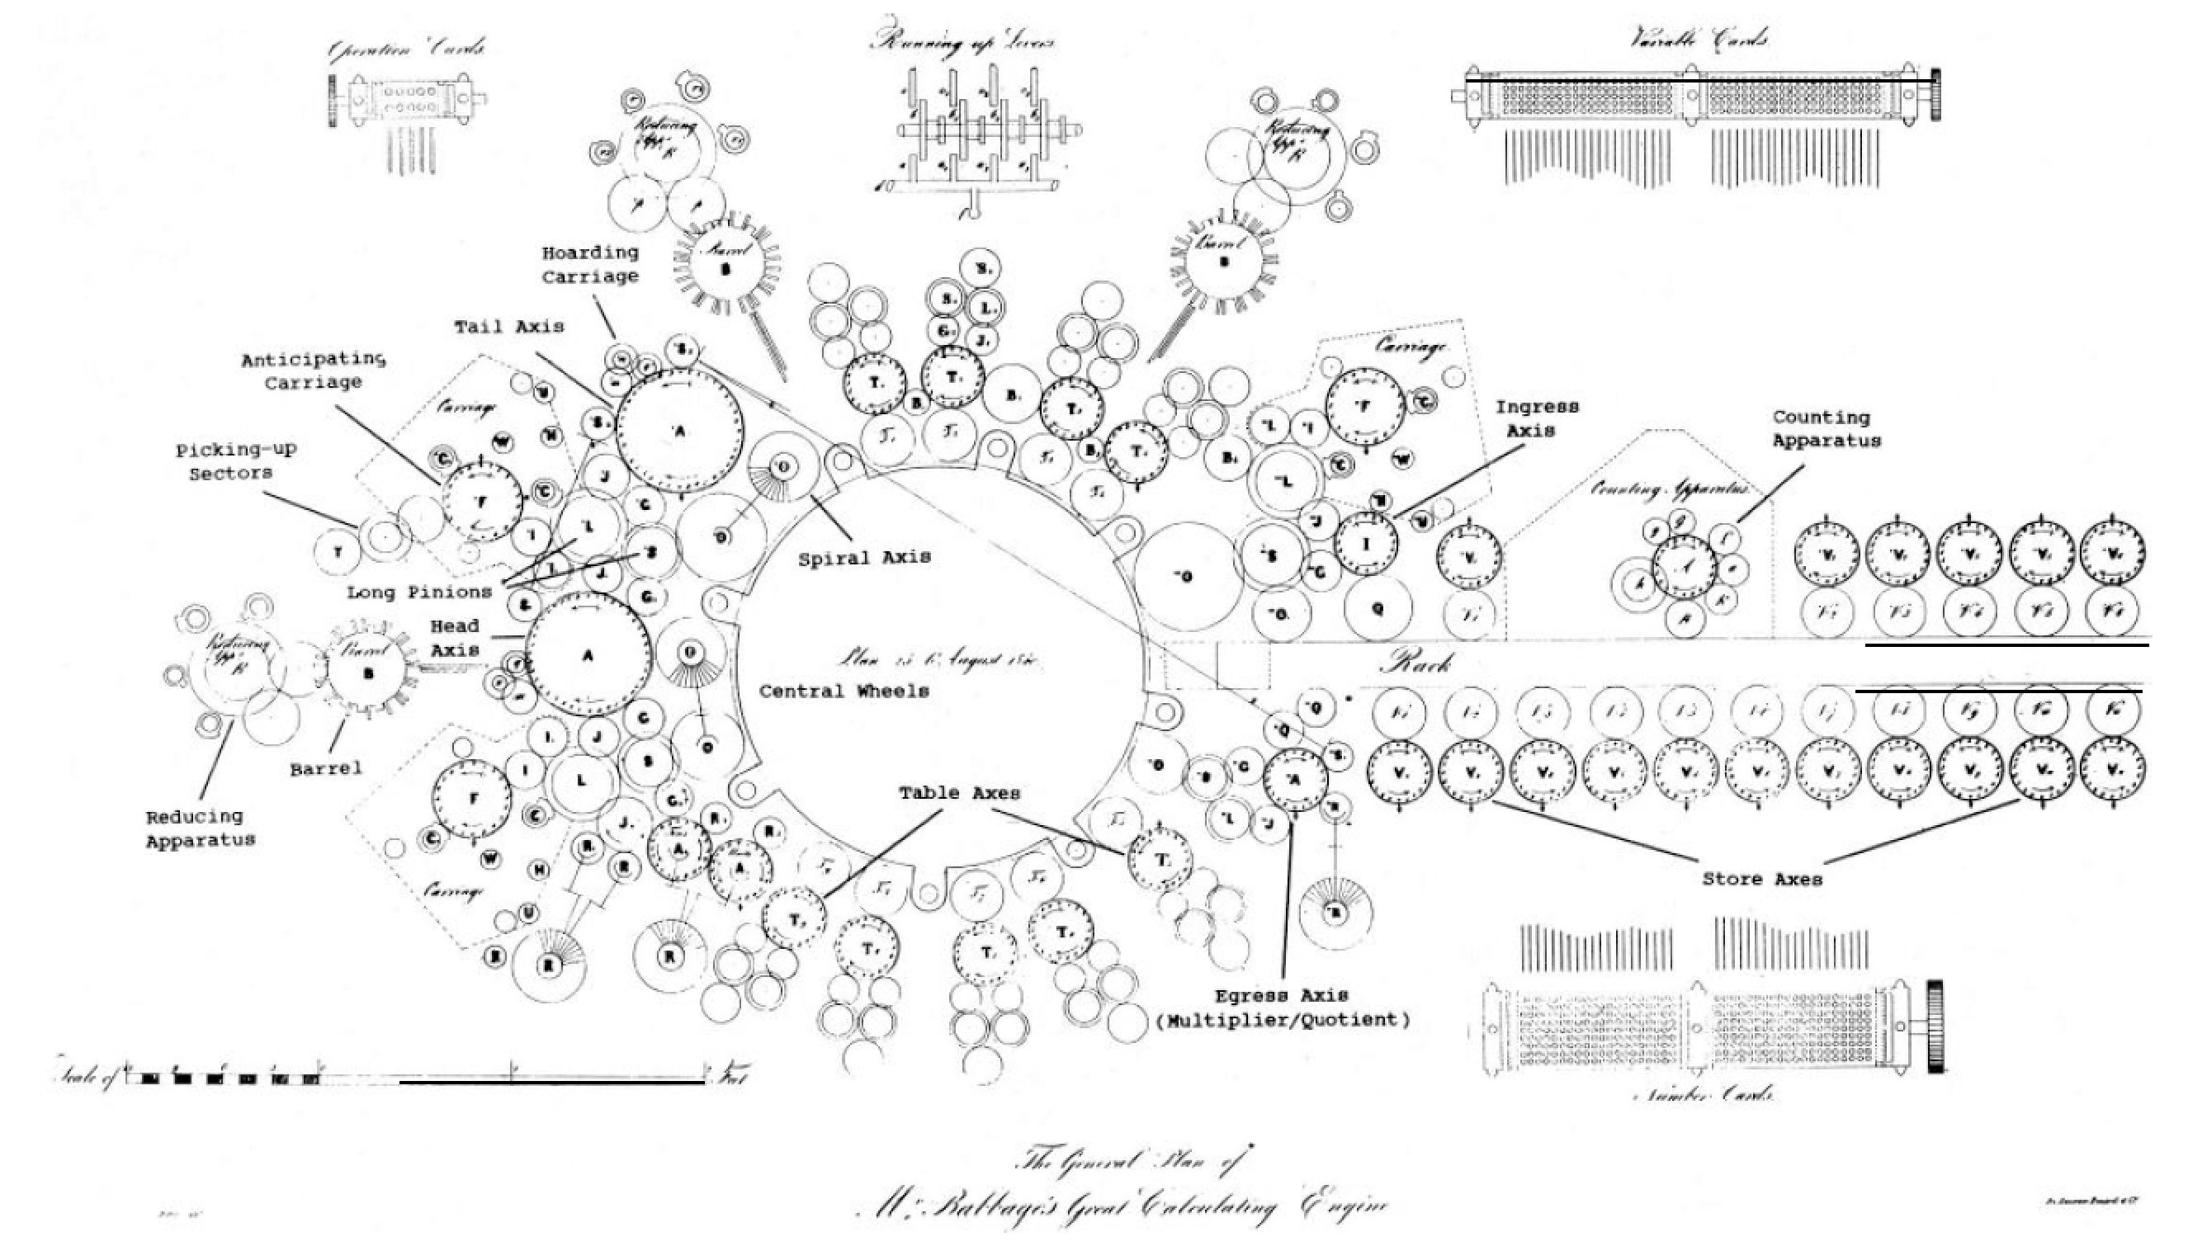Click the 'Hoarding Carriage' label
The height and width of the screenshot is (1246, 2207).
[x=590, y=265]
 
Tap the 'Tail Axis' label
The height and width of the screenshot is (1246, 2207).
[x=509, y=326]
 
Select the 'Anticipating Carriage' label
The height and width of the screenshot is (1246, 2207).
[x=313, y=370]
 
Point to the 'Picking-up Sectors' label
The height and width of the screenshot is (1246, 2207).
[x=236, y=461]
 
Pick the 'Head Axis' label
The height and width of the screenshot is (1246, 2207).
[x=455, y=638]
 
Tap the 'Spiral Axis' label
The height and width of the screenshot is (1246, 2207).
[x=864, y=559]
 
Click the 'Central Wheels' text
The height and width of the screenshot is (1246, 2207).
[x=844, y=691]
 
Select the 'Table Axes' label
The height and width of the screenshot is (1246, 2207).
[x=960, y=793]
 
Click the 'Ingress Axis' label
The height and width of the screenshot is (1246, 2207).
[x=1537, y=418]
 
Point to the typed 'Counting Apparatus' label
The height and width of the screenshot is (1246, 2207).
[x=1827, y=429]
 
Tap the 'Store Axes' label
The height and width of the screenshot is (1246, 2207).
[x=1761, y=880]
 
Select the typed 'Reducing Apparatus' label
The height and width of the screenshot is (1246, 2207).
[x=201, y=829]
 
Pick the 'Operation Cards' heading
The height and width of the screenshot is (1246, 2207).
[x=406, y=50]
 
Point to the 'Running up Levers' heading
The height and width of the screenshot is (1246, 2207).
[x=962, y=42]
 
